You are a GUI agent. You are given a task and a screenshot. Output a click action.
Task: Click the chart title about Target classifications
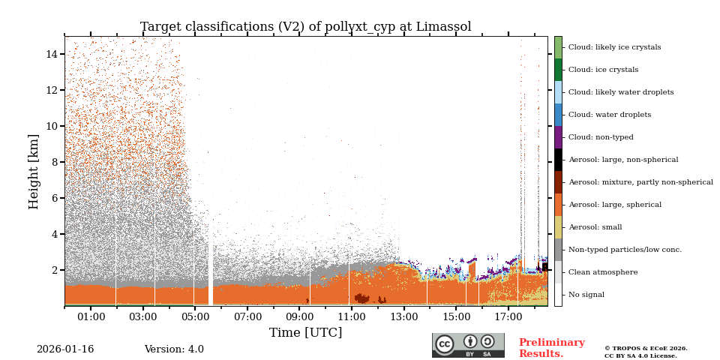(305, 27)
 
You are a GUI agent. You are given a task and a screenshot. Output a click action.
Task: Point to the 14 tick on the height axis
(52, 54)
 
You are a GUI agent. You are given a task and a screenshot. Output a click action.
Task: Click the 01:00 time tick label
(91, 317)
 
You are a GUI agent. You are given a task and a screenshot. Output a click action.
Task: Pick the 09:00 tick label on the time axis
(299, 317)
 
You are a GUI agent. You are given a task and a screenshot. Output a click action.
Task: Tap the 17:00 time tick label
(508, 317)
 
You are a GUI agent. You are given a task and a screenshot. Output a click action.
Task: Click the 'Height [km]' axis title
(34, 171)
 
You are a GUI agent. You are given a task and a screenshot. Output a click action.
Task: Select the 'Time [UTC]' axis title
(305, 333)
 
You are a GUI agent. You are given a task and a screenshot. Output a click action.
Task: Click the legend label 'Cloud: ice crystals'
(603, 70)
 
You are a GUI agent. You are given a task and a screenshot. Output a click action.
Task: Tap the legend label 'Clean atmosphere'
(602, 272)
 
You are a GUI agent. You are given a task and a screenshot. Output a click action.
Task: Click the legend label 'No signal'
(586, 295)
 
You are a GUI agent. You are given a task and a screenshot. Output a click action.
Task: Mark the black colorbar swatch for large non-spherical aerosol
(558, 160)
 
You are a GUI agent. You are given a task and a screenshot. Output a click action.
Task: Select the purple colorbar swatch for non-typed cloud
(558, 137)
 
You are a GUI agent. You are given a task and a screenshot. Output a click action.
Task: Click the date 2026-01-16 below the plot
(65, 349)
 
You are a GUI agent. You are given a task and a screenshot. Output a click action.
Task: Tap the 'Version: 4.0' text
(174, 349)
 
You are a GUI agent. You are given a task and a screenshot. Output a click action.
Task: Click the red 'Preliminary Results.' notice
(551, 348)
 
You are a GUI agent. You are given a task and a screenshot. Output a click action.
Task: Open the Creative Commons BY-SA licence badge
(468, 345)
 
